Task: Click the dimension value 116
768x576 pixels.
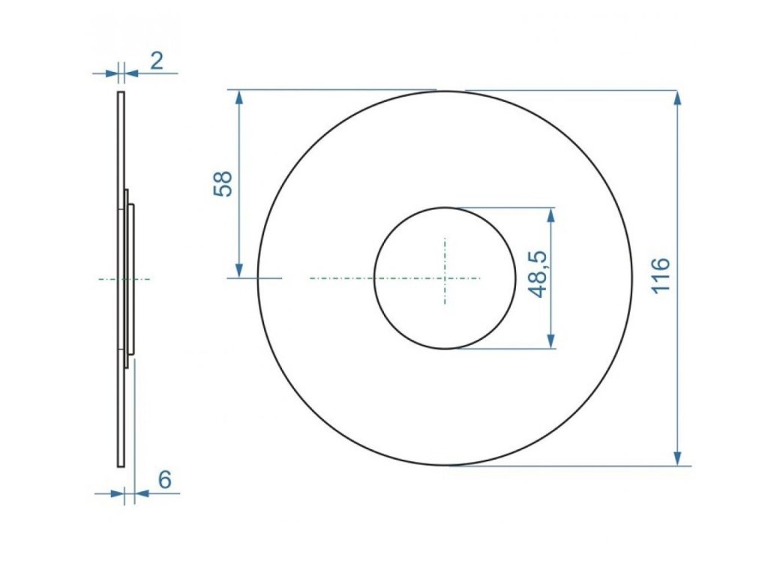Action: [x=661, y=274]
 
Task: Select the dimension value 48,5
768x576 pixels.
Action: [x=538, y=274]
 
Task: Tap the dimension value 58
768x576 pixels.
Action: [x=223, y=184]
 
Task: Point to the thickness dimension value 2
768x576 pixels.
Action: [x=156, y=61]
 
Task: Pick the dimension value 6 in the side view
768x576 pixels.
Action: [x=164, y=479]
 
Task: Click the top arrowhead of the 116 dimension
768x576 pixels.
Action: [x=677, y=99]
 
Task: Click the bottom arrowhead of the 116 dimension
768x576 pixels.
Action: [x=677, y=457]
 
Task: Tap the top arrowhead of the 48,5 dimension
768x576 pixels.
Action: [x=551, y=216]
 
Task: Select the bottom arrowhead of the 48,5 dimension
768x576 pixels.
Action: [x=551, y=340]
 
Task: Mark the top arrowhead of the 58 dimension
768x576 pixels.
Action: [x=239, y=99]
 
